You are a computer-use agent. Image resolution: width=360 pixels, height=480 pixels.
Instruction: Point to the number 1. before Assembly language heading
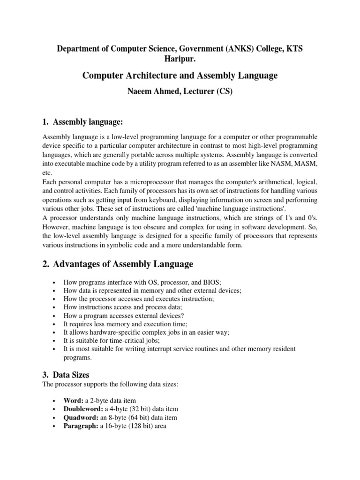click(x=45, y=122)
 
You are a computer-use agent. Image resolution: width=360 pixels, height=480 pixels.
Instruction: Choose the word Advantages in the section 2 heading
click(x=82, y=264)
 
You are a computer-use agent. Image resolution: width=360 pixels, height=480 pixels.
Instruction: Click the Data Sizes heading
click(x=71, y=375)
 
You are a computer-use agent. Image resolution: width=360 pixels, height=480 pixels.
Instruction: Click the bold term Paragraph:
click(x=81, y=426)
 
